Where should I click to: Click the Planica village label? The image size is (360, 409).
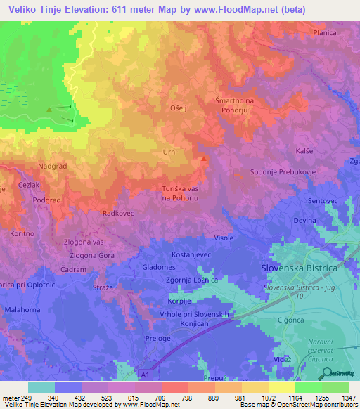pyautogui.click(x=325, y=32)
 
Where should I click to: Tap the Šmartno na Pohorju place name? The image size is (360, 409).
pyautogui.click(x=238, y=105)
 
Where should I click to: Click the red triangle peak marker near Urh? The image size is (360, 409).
pyautogui.click(x=204, y=158)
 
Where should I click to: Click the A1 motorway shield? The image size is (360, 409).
pyautogui.click(x=143, y=375)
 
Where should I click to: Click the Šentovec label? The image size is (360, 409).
pyautogui.click(x=323, y=201)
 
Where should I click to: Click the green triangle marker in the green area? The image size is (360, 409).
pyautogui.click(x=49, y=109)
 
